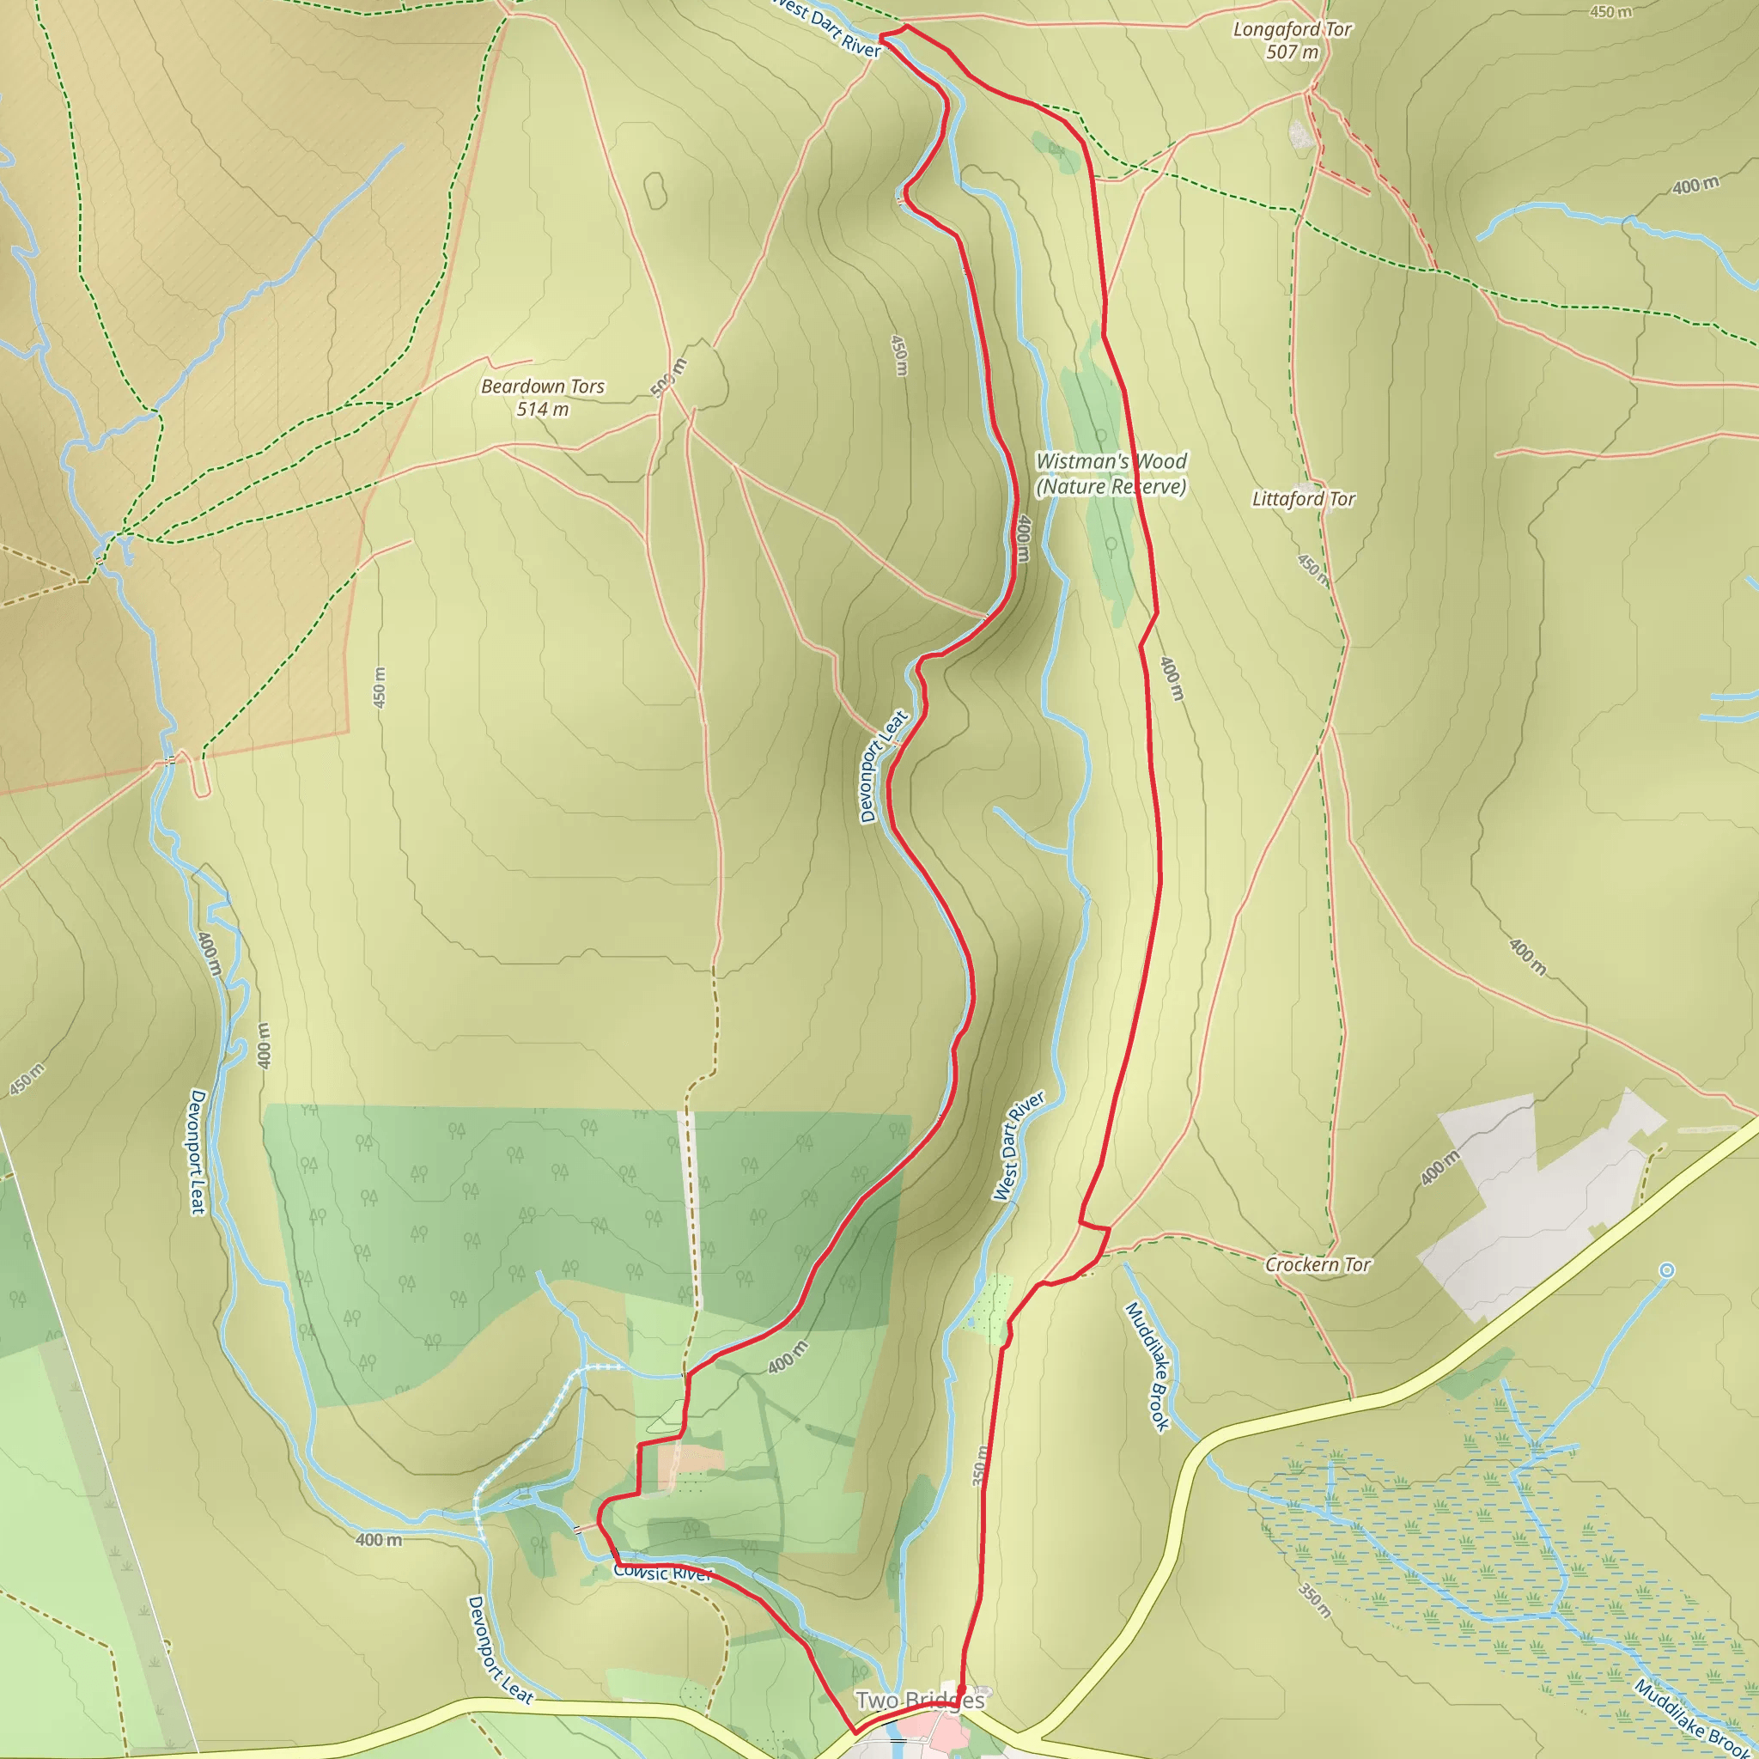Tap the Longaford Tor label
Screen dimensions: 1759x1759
coord(1292,30)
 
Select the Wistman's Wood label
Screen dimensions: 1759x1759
coord(1111,461)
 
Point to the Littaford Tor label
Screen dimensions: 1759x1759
coord(1303,499)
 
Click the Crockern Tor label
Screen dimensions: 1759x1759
coord(1318,1264)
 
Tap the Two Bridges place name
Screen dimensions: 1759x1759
coord(920,1700)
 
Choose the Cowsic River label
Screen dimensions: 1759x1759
coord(662,1573)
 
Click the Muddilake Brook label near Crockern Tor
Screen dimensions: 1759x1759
coord(1147,1366)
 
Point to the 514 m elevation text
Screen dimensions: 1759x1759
coord(543,410)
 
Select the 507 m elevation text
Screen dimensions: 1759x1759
coord(1292,52)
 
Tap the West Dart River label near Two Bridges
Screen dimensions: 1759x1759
coord(1018,1147)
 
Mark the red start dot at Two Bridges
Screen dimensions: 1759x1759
coord(961,1689)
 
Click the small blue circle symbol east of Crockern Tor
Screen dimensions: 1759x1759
coord(1666,1270)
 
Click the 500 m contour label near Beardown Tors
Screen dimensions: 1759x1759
coord(669,378)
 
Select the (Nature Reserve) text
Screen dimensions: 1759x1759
coord(1111,487)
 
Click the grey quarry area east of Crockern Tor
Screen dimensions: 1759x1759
coord(1538,1202)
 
